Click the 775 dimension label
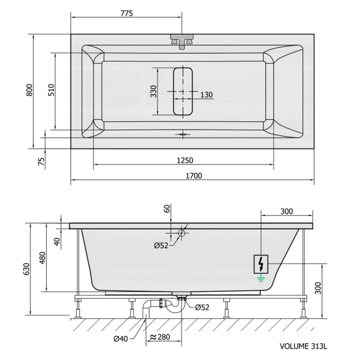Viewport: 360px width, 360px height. (127, 13)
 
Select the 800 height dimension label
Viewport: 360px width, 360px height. (29, 90)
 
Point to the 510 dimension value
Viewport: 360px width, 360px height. (51, 90)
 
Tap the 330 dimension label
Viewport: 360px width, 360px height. (154, 91)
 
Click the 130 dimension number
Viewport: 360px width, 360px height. (206, 95)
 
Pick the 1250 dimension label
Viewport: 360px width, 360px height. (185, 160)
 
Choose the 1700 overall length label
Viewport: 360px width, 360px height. (194, 176)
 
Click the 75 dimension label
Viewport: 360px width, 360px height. (41, 161)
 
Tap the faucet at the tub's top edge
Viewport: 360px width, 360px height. (182, 41)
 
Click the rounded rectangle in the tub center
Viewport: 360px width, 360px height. (183, 91)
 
